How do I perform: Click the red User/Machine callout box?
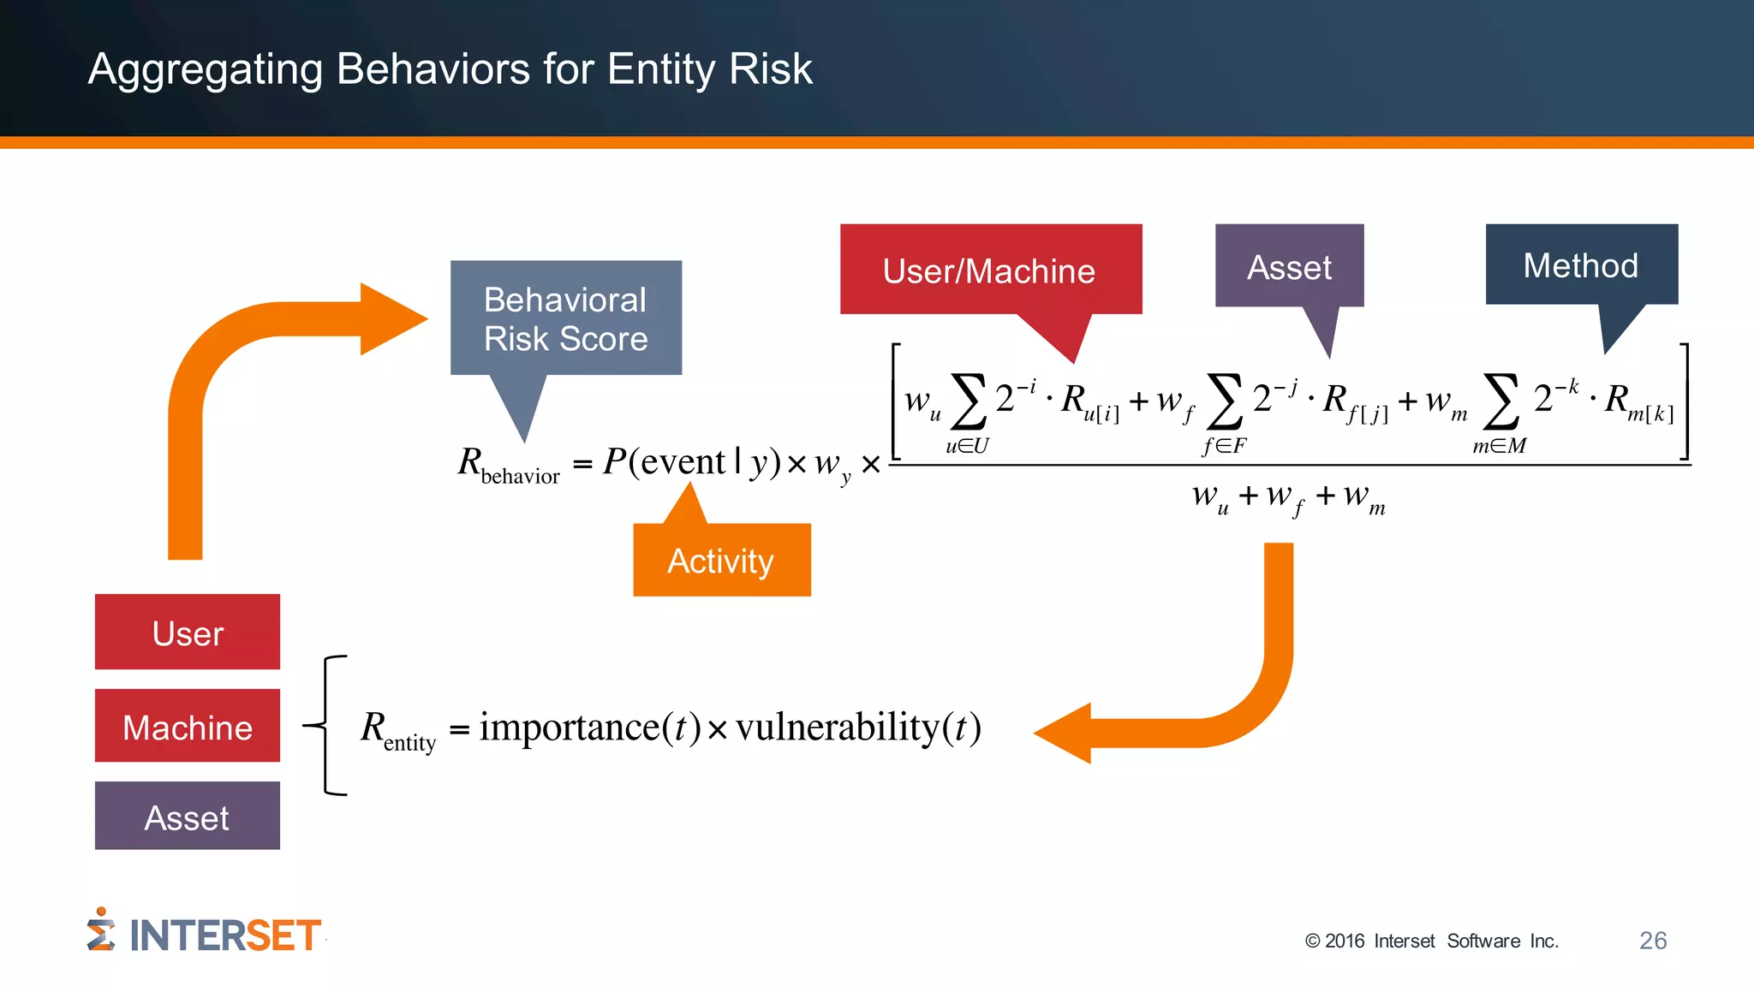(x=990, y=270)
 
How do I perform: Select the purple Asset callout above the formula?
(x=1289, y=266)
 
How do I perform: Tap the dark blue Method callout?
(x=1581, y=264)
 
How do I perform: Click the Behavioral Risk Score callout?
(x=566, y=318)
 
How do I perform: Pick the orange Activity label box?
(x=721, y=561)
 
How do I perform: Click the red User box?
(x=188, y=633)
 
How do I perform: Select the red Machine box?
(x=188, y=727)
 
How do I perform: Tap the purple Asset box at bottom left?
(x=188, y=817)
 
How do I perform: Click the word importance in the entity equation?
(x=569, y=727)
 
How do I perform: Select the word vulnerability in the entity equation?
(x=838, y=727)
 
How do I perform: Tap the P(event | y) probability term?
(x=690, y=462)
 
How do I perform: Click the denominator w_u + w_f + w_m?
(x=1288, y=497)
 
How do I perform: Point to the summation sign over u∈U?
(x=969, y=401)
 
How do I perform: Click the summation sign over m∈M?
(x=1501, y=401)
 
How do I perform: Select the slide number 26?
(x=1652, y=940)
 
